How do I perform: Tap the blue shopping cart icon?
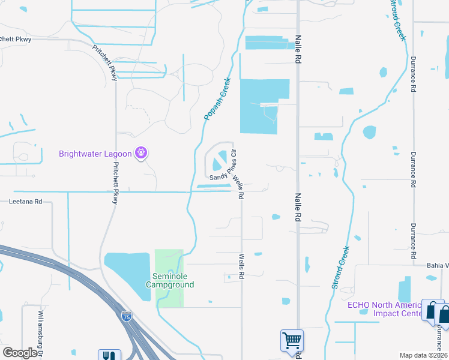coord(292,340)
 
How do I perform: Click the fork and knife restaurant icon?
coord(109,356)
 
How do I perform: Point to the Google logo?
coord(20,353)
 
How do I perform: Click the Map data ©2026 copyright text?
coord(424,355)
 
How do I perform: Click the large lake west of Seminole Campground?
coord(127,270)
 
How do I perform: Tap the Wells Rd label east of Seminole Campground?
coord(242,267)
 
